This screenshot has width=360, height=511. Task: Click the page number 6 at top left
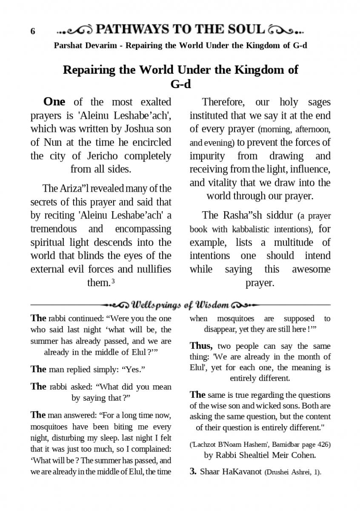33,32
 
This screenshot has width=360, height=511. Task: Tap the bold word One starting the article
54,102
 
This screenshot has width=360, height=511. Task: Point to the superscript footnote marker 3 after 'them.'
114,281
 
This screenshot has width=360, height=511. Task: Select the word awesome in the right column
311,269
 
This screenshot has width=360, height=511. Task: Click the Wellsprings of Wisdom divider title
180,305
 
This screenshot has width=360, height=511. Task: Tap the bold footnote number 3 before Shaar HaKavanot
192,472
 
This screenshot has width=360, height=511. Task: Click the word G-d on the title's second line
180,84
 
